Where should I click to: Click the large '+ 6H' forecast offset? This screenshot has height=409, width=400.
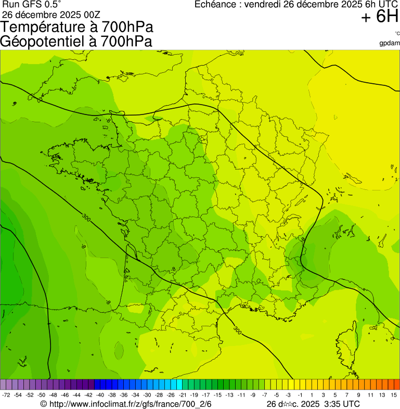pos(380,18)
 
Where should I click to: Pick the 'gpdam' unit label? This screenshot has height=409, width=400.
pos(390,43)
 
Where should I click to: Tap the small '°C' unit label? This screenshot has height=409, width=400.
pos(396,33)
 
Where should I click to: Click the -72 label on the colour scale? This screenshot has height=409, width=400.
pos(6,395)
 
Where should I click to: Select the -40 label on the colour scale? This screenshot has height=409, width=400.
pos(100,395)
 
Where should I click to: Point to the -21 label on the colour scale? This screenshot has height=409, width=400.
pos(183,395)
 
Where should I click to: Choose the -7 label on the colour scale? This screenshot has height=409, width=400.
pos(264,395)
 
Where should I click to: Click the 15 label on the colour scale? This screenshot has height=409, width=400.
pos(394,395)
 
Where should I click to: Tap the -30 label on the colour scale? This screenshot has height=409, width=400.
pos(147,395)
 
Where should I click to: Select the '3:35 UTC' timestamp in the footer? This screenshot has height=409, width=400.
pos(342,404)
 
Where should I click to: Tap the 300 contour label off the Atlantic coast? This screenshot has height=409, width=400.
pos(86,218)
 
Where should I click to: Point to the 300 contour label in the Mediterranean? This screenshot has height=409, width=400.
pos(237,330)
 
